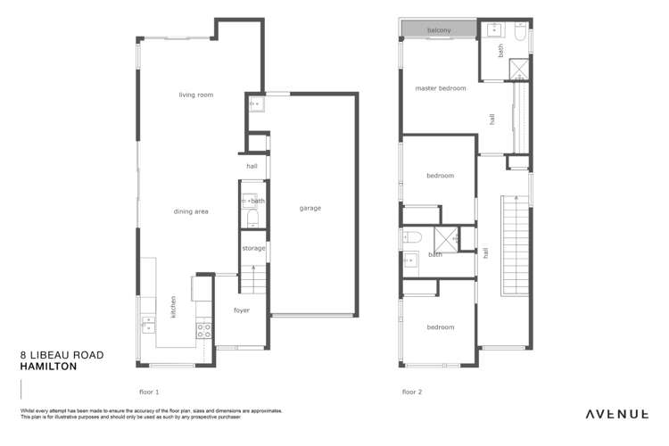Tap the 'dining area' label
tap(191, 211)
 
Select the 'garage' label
tap(310, 208)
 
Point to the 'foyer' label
tap(242, 310)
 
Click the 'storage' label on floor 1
tap(254, 248)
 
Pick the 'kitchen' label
tap(173, 306)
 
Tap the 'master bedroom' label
tap(441, 88)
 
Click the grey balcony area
tap(438, 31)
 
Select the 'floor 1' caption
tap(149, 392)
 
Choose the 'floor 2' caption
tap(411, 392)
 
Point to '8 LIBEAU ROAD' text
tap(62, 354)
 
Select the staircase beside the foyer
tap(254, 278)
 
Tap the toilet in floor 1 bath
tap(252, 218)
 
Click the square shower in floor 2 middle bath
tap(446, 238)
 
